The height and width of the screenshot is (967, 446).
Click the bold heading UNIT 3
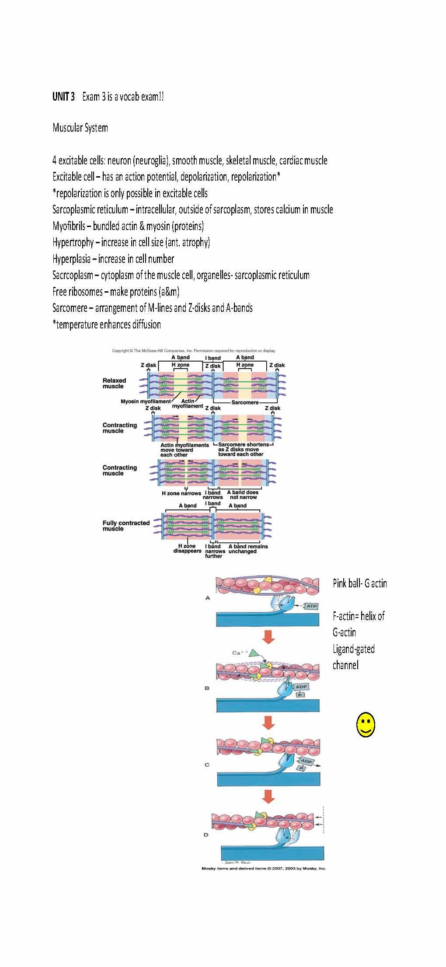tap(63, 97)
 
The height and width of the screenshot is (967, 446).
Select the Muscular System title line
tap(80, 128)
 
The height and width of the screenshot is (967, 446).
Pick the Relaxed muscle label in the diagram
tap(114, 384)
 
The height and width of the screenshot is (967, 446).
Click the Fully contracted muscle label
tap(126, 526)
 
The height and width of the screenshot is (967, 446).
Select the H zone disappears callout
tap(187, 549)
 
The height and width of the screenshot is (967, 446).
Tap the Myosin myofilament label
tap(146, 401)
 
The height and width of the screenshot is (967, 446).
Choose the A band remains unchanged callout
tap(248, 549)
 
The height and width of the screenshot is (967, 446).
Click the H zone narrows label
tap(181, 493)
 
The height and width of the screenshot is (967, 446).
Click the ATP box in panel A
tap(311, 606)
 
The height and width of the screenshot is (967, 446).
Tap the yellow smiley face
tap(366, 725)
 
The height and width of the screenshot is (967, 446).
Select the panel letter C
tap(207, 765)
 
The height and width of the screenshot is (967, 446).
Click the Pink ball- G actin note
tap(359, 583)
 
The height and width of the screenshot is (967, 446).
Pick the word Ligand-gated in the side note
tap(353, 649)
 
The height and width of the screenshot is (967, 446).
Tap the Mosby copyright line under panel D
tap(263, 869)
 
